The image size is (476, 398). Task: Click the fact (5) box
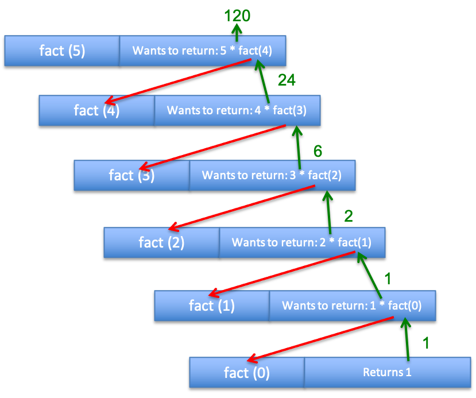pos(62,51)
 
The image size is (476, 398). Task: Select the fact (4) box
pos(96,110)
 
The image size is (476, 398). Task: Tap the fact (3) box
pos(131,175)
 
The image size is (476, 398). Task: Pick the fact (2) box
pos(161,242)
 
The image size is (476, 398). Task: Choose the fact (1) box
pos(212,306)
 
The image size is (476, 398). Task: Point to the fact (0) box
pos(247,373)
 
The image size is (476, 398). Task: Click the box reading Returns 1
pos(387,372)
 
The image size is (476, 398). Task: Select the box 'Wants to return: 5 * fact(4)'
pos(202,51)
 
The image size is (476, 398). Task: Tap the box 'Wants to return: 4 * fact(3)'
pos(237,110)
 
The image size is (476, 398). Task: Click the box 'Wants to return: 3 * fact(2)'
pos(272,175)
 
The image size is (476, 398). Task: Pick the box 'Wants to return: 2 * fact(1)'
pos(301,242)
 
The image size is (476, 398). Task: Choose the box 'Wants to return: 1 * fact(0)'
pos(352,306)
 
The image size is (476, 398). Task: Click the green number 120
pos(237,16)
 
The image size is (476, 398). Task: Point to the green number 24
pos(287,80)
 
